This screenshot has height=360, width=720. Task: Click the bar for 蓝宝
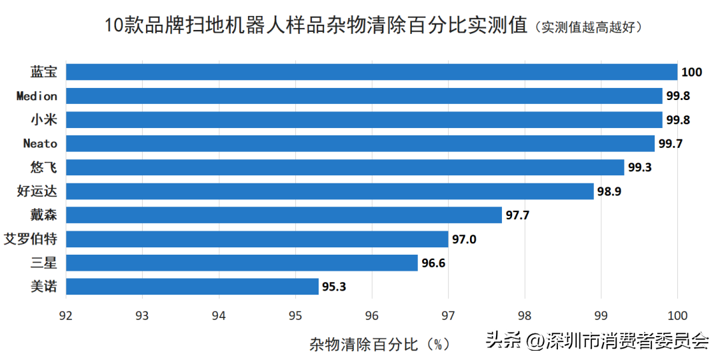(x=371, y=72)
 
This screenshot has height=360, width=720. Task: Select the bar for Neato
(x=360, y=143)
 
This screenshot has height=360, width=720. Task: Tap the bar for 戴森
(x=283, y=215)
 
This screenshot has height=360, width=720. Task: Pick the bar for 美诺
(x=192, y=287)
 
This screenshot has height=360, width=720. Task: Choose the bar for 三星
(x=241, y=263)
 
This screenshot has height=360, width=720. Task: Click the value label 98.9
(x=611, y=191)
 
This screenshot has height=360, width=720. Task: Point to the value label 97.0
(x=465, y=239)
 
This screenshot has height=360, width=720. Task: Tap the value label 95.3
(x=335, y=287)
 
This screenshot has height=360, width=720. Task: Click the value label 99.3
(x=640, y=167)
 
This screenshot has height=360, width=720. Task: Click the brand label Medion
(x=37, y=96)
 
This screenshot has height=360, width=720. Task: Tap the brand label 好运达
(x=37, y=191)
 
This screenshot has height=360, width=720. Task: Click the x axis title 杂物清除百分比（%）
(x=379, y=344)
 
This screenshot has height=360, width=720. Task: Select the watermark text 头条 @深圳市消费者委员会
(x=597, y=341)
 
